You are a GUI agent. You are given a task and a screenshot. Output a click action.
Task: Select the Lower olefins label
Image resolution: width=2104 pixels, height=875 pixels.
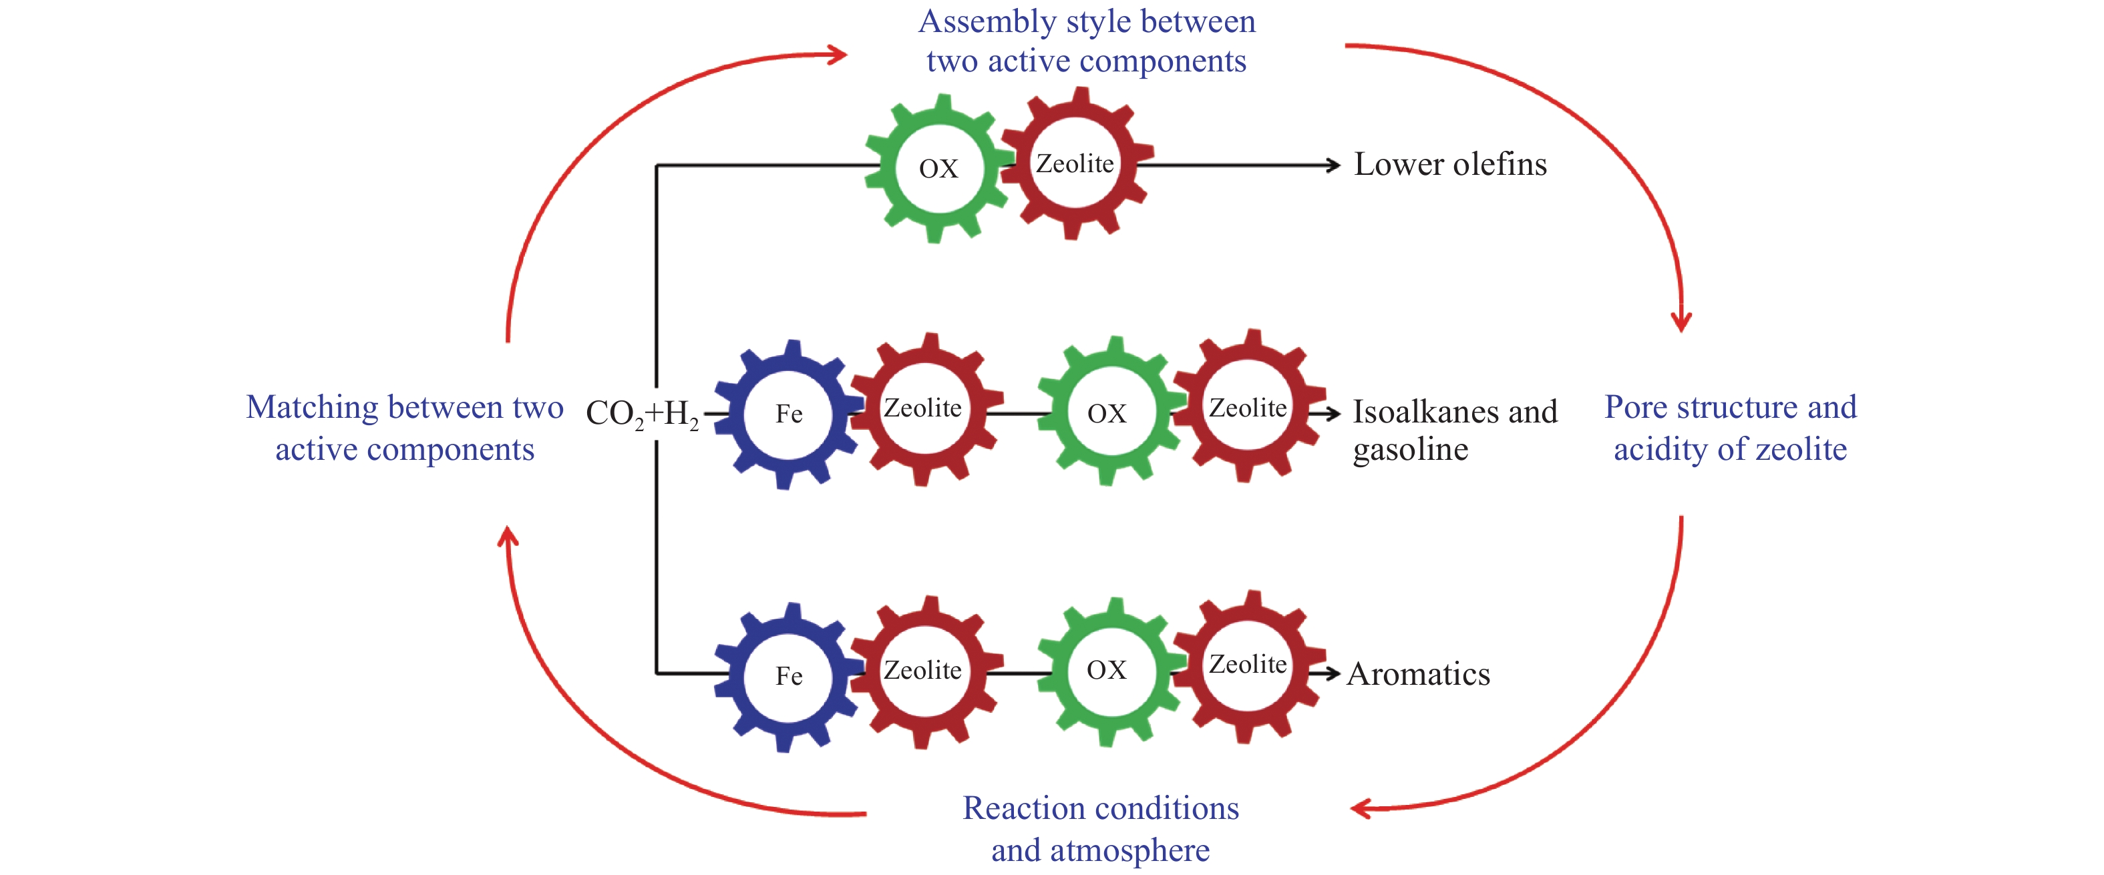pyautogui.click(x=1451, y=164)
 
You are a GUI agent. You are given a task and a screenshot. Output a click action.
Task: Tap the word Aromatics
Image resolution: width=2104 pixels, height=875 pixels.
pyautogui.click(x=1419, y=674)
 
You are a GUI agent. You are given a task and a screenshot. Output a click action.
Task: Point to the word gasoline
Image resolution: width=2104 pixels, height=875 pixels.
pyautogui.click(x=1411, y=450)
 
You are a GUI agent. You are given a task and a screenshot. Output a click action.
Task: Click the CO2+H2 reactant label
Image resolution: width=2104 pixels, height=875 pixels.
pyautogui.click(x=642, y=414)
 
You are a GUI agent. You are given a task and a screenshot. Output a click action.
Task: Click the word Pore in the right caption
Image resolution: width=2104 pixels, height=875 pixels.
pyautogui.click(x=1636, y=406)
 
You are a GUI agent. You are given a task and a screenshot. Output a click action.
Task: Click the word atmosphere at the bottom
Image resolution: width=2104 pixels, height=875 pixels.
pyautogui.click(x=1130, y=850)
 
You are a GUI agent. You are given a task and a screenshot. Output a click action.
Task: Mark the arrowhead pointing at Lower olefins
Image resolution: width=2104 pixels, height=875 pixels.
pyautogui.click(x=1333, y=165)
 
